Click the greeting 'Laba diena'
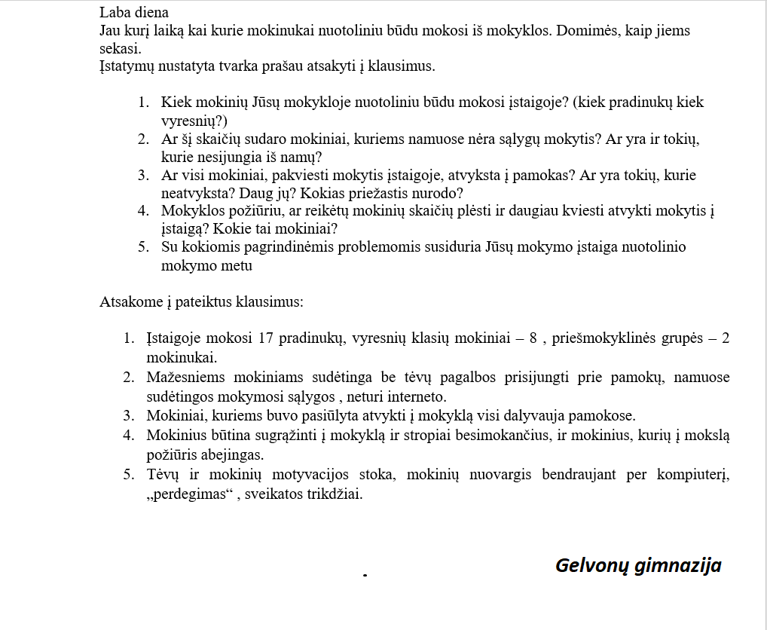(x=134, y=12)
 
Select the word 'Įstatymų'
(x=126, y=66)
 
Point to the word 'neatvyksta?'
(x=194, y=194)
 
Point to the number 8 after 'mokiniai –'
(x=533, y=338)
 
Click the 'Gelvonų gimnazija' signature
(x=638, y=565)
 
